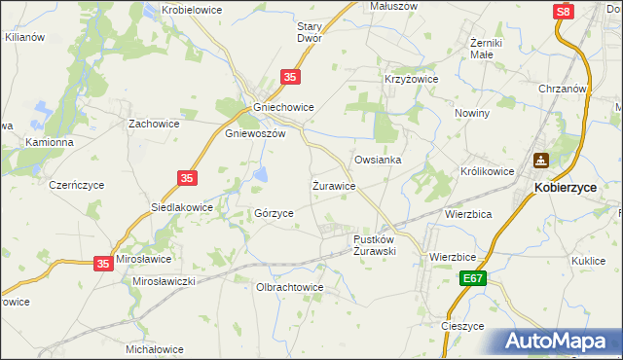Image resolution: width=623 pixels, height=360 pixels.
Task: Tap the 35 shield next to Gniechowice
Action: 289,76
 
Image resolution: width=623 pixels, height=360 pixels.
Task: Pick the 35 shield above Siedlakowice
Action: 188,177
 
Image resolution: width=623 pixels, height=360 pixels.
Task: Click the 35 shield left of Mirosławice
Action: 104,263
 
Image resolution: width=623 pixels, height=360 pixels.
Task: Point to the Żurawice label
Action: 333,184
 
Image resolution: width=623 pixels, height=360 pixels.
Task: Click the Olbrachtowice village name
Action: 288,288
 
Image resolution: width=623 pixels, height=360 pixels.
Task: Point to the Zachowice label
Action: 155,125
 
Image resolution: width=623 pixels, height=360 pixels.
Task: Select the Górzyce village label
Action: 274,212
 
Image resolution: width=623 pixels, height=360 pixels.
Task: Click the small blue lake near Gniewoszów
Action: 262,174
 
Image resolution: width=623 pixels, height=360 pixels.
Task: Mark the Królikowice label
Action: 487,170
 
